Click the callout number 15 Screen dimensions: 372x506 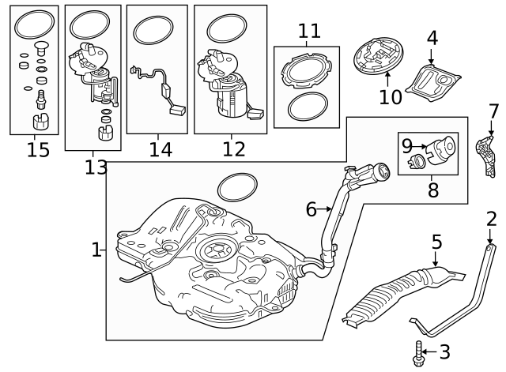point(38,148)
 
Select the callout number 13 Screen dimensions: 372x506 point(96,167)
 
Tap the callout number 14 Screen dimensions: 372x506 point(160,148)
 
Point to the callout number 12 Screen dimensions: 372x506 point(233,148)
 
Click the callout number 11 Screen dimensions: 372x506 point(309,32)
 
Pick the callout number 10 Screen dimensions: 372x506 point(391,97)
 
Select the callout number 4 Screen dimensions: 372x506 point(432,37)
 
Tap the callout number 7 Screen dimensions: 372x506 point(493,111)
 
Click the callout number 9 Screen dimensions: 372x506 point(407,145)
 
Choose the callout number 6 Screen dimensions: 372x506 point(311,209)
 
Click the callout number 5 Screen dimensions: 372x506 point(436,242)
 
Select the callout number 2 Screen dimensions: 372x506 point(492,220)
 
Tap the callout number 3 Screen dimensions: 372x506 point(444,351)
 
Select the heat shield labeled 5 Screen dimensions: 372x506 point(395,294)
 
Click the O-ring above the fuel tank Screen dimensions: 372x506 point(237,186)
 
